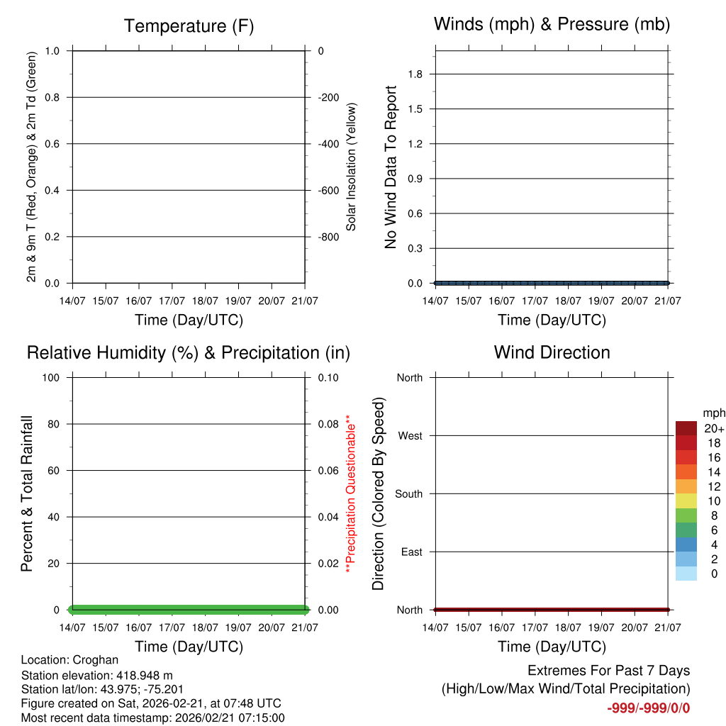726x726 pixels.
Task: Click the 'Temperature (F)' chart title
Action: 189,26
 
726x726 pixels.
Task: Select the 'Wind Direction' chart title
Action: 552,352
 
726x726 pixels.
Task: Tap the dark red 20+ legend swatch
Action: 686,428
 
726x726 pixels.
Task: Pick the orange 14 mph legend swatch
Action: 686,471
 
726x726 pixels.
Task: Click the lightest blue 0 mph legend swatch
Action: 686,574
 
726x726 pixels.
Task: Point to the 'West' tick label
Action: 411,436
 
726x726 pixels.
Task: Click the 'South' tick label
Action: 409,494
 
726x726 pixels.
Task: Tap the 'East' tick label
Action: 411,552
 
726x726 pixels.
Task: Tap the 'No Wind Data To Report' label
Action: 391,167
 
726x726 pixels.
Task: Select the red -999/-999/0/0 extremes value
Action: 648,708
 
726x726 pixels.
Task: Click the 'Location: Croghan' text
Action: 69,660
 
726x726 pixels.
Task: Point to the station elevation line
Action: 96,675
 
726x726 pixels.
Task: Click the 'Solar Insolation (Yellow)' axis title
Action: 352,167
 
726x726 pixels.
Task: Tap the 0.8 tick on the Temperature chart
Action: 52,97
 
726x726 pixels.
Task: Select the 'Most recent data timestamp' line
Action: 152,717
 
